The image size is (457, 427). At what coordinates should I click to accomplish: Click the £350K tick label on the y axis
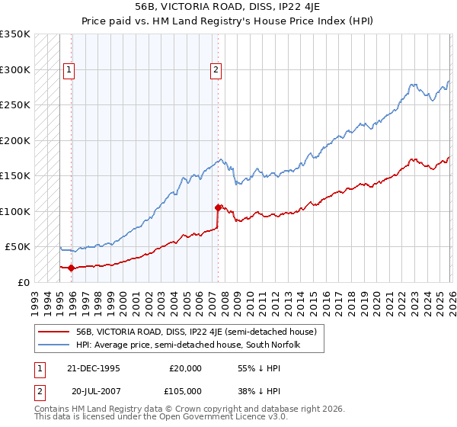(x=15, y=34)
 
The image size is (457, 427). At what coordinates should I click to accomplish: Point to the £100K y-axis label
(x=15, y=211)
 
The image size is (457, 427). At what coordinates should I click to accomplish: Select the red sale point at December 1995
(x=72, y=268)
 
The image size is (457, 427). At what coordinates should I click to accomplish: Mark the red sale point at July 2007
(x=218, y=207)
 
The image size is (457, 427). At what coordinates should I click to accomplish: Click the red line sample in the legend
(x=55, y=332)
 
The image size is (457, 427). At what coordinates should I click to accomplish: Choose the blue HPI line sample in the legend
(x=55, y=345)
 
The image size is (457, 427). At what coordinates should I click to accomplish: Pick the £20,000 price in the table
(x=186, y=368)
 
